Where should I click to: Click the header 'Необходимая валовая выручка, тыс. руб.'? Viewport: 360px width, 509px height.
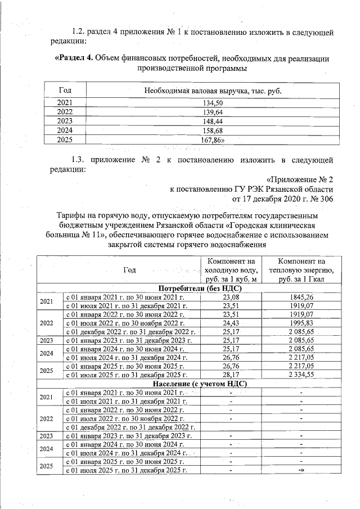[212, 90]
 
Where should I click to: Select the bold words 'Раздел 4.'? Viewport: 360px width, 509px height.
[73, 58]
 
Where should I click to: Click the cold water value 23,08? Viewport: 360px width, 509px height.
[231, 296]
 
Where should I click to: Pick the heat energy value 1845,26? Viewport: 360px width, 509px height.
[301, 296]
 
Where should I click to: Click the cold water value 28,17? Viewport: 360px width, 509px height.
[231, 375]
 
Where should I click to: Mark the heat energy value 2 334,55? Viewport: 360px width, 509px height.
[301, 375]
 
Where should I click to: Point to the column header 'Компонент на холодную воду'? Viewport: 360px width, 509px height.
[231, 270]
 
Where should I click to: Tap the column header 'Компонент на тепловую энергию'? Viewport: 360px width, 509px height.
[301, 270]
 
